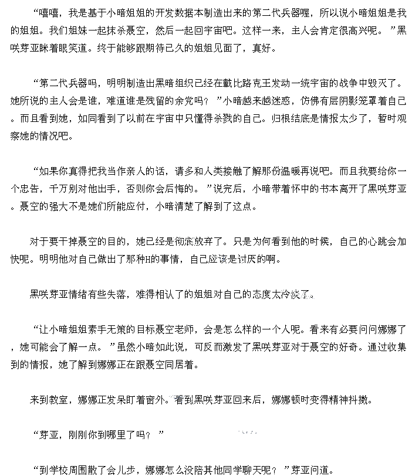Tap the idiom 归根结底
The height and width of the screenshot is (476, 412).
pos(290,118)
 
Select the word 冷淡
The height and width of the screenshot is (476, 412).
pos(298,294)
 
